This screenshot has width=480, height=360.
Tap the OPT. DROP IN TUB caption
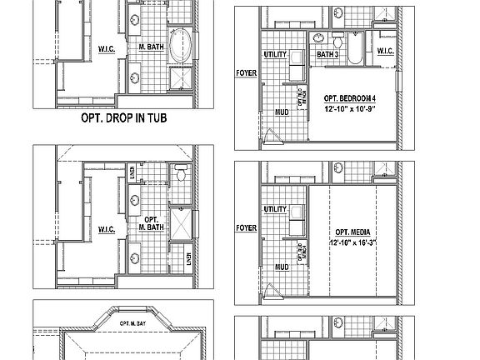tap(123, 119)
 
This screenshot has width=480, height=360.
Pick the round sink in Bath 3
tap(319, 38)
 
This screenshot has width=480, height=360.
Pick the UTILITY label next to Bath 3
tap(276, 54)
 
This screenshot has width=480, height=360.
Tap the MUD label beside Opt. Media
tap(282, 267)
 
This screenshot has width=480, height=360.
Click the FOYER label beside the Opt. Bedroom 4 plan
tap(246, 72)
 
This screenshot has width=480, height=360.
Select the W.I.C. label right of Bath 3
tap(385, 52)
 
